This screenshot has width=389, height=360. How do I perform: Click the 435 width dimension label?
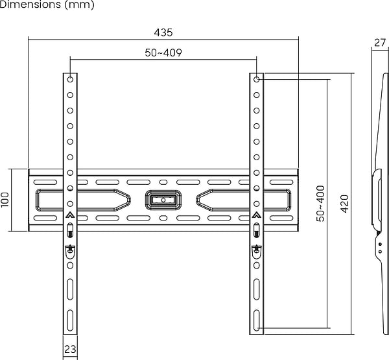coord(163,32)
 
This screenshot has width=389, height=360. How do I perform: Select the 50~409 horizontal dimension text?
coord(163,53)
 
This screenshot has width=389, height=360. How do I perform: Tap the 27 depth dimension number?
coord(380,43)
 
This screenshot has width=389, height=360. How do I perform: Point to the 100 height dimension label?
coord(6,199)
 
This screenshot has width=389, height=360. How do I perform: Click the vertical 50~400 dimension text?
coord(320,204)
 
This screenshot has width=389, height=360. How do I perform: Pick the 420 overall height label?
coord(344,204)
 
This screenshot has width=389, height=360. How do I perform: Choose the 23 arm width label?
coord(70,350)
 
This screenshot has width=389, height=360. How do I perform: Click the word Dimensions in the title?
coord(30,5)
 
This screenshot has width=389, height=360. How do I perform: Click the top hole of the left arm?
coord(70,80)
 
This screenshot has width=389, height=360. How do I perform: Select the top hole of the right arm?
coord(257,80)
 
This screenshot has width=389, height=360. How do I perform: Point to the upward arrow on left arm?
coord(70,215)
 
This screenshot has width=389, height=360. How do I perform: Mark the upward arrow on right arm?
coord(257,215)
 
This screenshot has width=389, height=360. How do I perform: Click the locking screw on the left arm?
coord(70,249)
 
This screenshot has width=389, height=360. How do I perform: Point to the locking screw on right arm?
coord(257,249)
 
